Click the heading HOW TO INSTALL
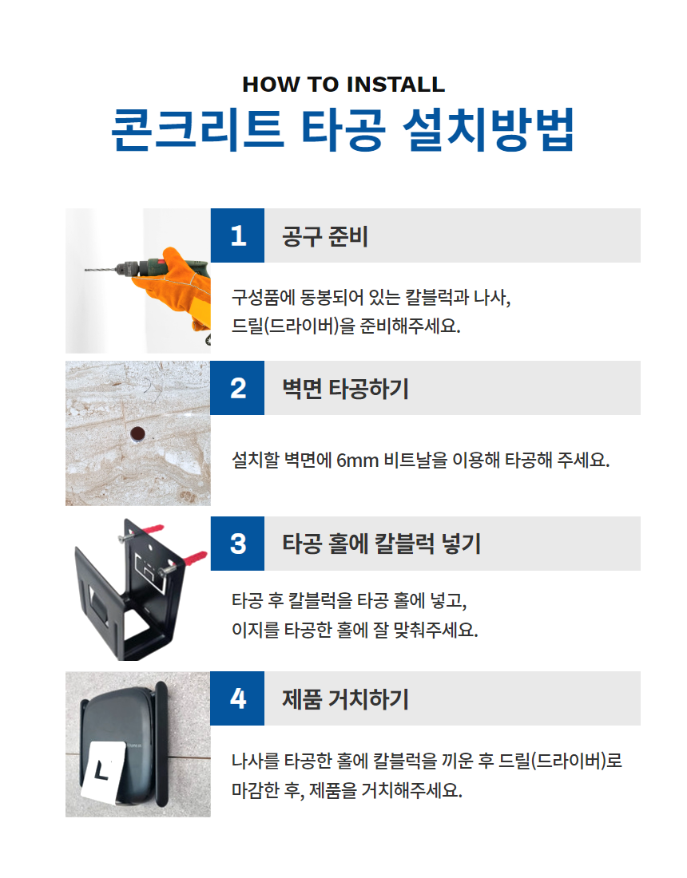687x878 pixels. (343, 85)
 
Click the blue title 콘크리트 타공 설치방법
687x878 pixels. (343, 129)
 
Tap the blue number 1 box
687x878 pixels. (237, 235)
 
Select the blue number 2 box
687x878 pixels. (237, 388)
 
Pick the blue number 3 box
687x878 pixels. (237, 544)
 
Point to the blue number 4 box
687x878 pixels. (237, 698)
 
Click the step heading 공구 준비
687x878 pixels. (325, 235)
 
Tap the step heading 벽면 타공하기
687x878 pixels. (345, 389)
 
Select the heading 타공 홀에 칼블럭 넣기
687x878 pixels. (382, 544)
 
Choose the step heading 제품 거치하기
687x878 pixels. (345, 699)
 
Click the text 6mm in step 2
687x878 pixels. (358, 461)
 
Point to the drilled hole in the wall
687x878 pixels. (137, 434)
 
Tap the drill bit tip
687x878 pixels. (86, 271)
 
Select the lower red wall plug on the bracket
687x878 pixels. (194, 558)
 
